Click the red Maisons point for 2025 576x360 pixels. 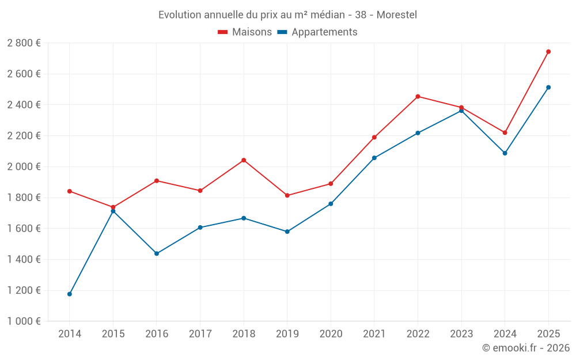548,52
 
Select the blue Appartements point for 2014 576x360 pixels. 70,294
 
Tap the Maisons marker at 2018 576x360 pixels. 244,160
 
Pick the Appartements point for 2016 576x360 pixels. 157,253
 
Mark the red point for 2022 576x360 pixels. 418,97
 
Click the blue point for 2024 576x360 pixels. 505,153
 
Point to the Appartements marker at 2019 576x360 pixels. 287,232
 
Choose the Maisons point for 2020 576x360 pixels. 331,184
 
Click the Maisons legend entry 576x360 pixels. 245,32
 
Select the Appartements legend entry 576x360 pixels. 317,32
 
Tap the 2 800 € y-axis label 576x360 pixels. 24,43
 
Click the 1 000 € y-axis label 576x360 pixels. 24,321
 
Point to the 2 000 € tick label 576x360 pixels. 24,166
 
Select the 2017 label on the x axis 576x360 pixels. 200,334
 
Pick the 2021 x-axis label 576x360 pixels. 374,334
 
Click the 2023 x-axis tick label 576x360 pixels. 461,334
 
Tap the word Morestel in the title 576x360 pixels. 397,14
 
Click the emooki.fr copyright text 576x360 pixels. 526,348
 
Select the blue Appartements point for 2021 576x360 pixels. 374,158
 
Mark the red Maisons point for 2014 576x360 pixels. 70,191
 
